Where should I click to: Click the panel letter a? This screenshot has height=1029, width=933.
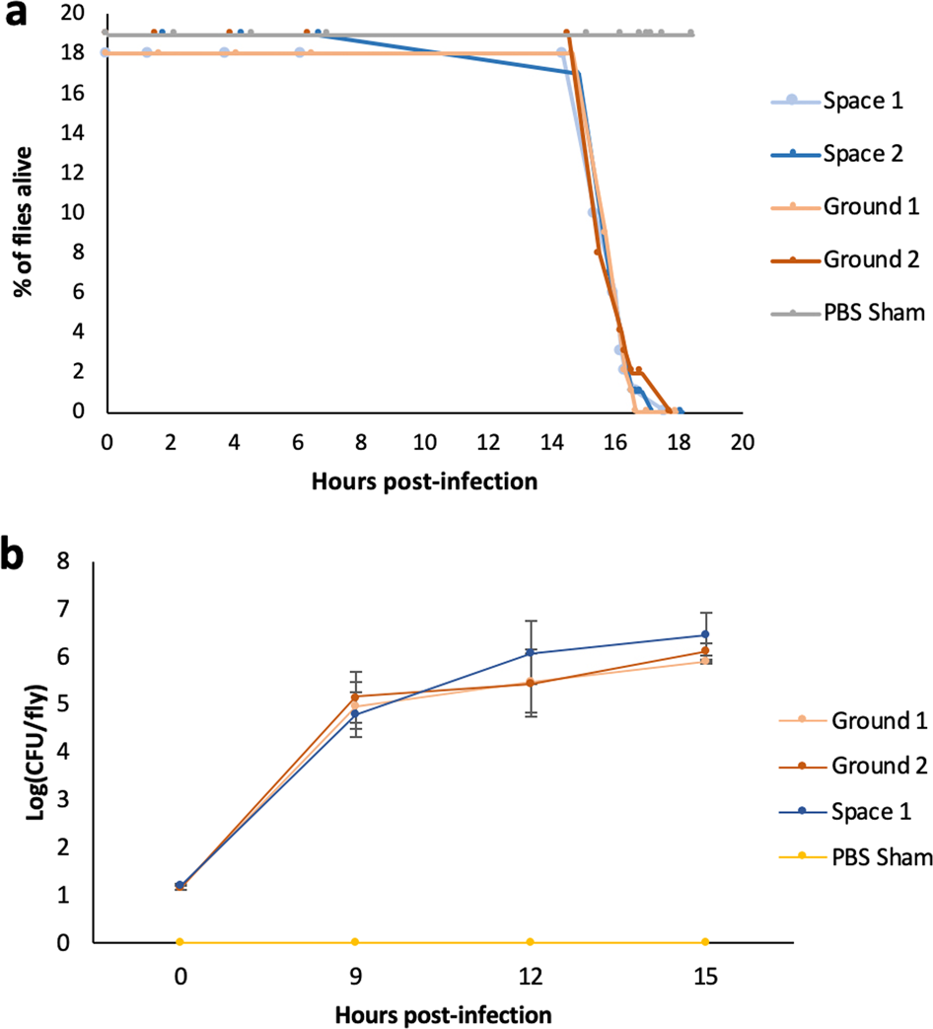coord(17,17)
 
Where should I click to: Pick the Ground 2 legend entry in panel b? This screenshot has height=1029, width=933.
coord(873,765)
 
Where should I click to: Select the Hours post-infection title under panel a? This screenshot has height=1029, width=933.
coord(425,481)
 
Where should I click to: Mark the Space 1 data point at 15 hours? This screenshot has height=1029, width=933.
coord(704,634)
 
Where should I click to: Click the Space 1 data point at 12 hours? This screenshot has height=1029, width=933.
coord(530,652)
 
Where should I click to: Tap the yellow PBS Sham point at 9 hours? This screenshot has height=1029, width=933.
coord(354,942)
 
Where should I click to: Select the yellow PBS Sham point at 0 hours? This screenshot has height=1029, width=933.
coord(179,942)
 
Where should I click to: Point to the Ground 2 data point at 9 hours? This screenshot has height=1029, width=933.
coord(354,697)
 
